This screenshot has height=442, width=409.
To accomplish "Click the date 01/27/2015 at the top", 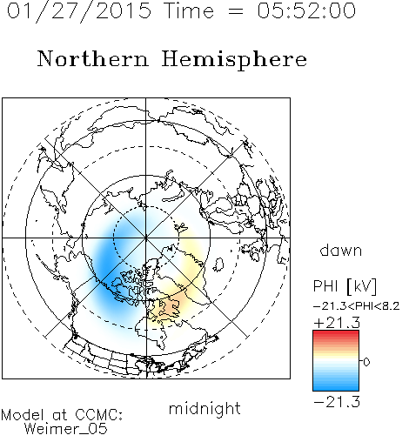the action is click(x=79, y=11).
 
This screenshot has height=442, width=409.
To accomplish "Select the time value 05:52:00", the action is click(x=306, y=10).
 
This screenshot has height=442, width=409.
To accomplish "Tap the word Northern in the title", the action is click(x=93, y=58).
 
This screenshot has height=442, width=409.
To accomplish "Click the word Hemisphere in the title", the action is click(x=234, y=60).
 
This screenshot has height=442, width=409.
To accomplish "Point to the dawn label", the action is click(x=341, y=250).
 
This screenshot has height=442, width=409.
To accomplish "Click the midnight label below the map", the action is click(x=204, y=408).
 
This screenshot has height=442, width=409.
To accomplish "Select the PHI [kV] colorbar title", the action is click(x=345, y=286).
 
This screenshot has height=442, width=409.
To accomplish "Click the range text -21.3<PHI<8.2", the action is click(x=357, y=306).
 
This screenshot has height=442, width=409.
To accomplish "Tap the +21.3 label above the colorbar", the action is click(x=337, y=323).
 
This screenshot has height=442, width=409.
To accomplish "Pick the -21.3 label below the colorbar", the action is click(x=337, y=402).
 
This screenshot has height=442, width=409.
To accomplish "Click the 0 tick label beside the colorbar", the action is click(x=366, y=362).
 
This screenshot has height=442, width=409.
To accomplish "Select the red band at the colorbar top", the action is click(x=336, y=334).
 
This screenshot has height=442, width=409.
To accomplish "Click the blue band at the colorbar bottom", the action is click(x=336, y=386).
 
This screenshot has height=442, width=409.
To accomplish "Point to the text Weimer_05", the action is click(x=66, y=429).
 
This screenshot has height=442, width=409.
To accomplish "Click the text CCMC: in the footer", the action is click(x=99, y=414).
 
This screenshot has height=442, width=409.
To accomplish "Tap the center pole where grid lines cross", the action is click(x=146, y=238).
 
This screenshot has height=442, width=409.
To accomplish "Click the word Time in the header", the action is click(x=189, y=10).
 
